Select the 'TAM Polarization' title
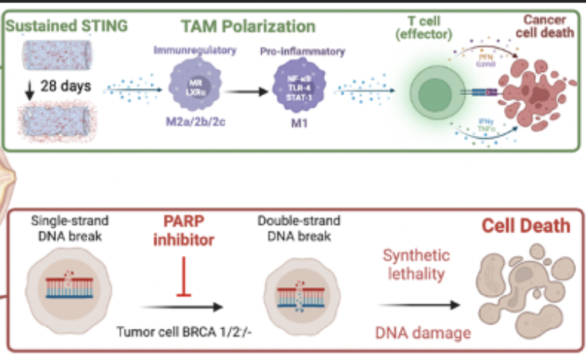248,27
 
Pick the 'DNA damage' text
414,331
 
